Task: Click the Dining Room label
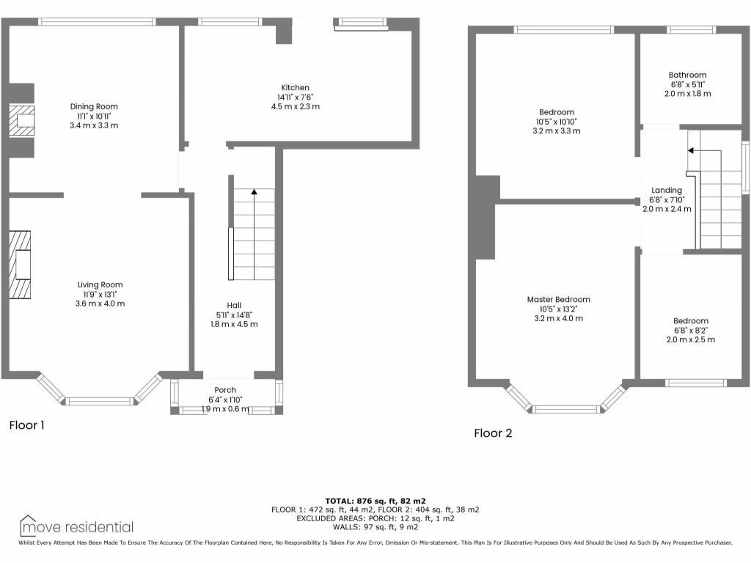click(x=93, y=107)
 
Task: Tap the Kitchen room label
click(x=295, y=88)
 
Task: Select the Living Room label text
click(x=100, y=284)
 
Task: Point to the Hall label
click(x=234, y=305)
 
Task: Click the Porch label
click(x=224, y=389)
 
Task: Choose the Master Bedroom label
click(x=558, y=299)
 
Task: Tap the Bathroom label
click(x=687, y=75)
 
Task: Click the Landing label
click(x=666, y=190)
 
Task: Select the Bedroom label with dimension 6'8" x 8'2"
click(x=691, y=321)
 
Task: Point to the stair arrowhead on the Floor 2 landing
click(x=691, y=150)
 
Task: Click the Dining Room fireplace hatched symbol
click(x=21, y=120)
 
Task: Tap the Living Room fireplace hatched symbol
click(x=21, y=265)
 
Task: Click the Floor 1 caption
click(x=27, y=424)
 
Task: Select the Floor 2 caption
click(x=493, y=433)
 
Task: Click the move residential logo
click(x=76, y=526)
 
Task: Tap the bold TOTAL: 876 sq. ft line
click(x=375, y=500)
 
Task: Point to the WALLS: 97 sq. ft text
click(x=375, y=526)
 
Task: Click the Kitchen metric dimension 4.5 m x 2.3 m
click(x=295, y=106)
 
